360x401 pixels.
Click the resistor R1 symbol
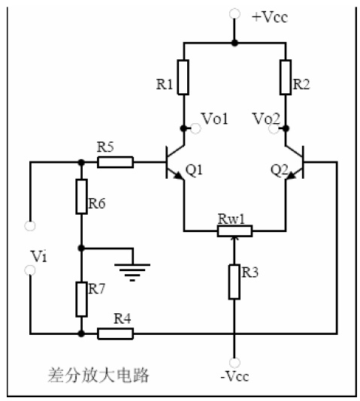[x=183, y=77]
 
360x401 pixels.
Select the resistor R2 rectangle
[x=286, y=77]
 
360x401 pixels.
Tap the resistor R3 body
[x=234, y=282]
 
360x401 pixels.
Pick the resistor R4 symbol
[x=116, y=333]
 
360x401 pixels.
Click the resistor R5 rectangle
[x=116, y=162]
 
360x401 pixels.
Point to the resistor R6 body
[x=81, y=197]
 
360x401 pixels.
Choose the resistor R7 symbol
[x=81, y=299]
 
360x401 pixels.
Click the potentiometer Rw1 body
[x=234, y=231]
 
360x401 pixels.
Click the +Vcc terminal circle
[x=234, y=14]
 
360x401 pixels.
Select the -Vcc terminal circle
[x=234, y=363]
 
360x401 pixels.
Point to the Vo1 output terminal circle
[x=195, y=128]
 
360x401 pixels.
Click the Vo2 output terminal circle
[x=274, y=128]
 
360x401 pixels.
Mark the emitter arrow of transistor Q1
[x=179, y=176]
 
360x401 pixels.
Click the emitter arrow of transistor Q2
[x=291, y=176]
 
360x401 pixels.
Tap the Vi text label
[x=38, y=256]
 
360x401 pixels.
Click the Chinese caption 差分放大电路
[x=98, y=375]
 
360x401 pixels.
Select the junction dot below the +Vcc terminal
[x=234, y=43]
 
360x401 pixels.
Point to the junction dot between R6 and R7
[x=81, y=248]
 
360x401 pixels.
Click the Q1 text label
[x=194, y=170]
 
